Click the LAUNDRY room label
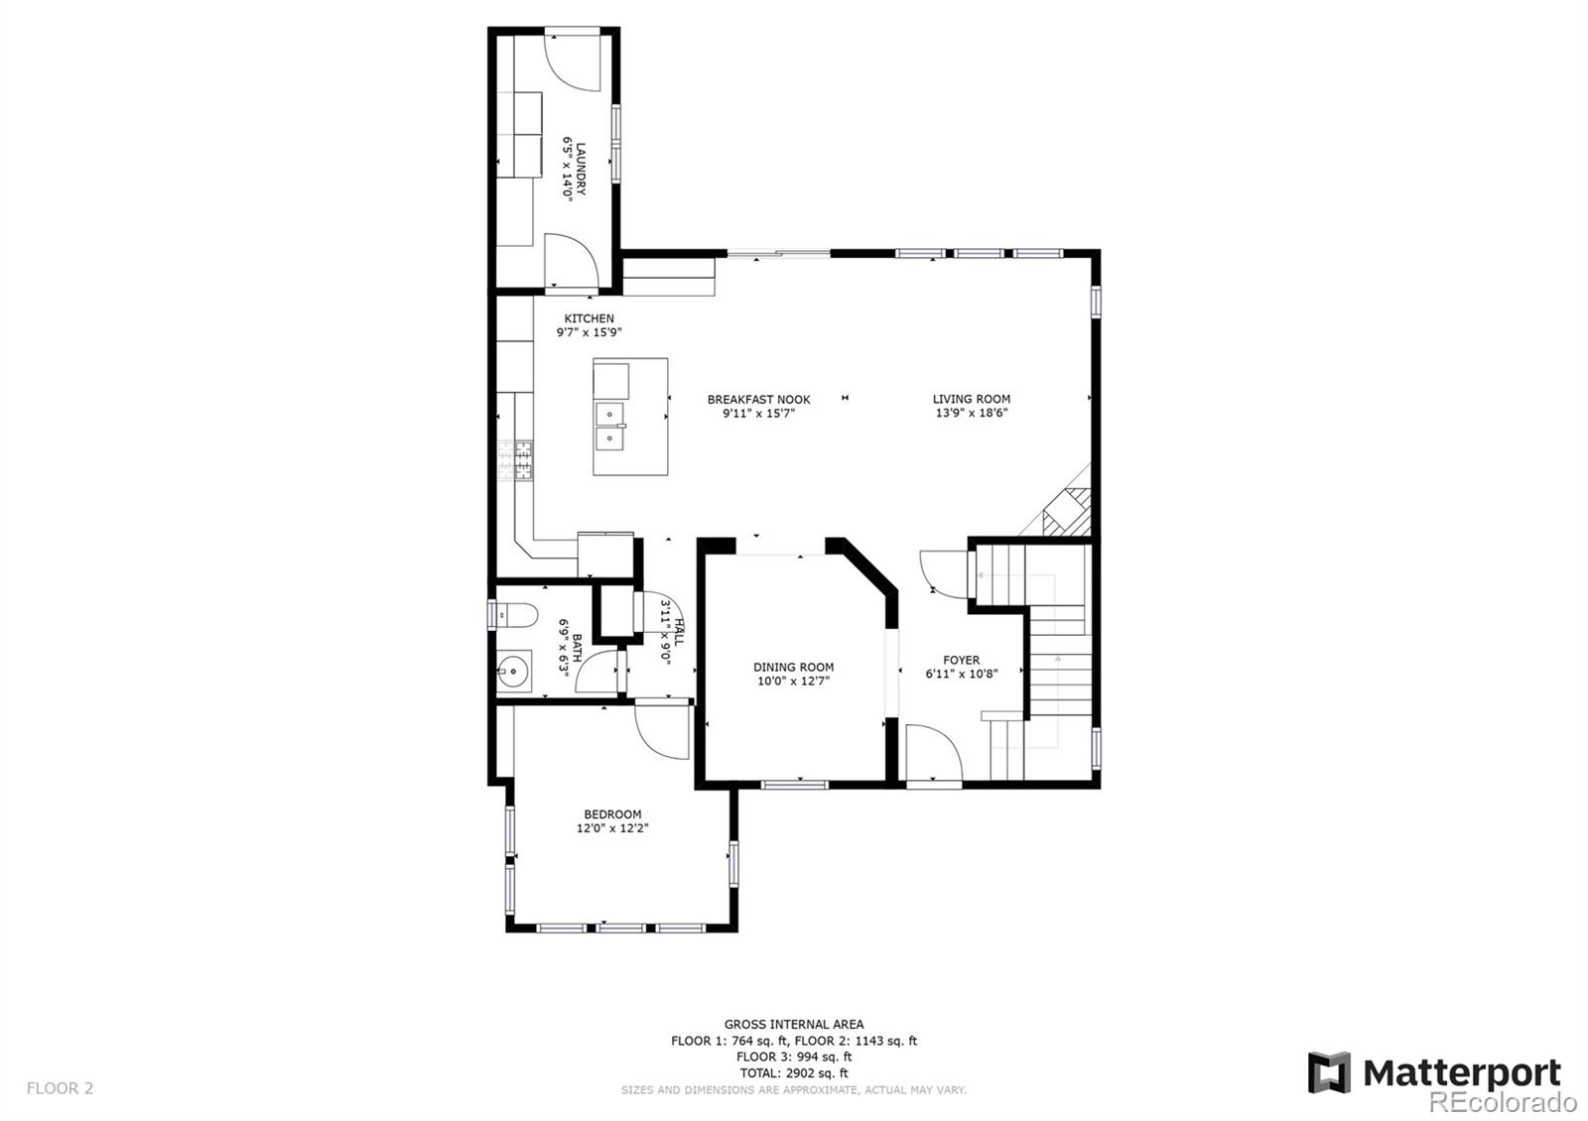[581, 170]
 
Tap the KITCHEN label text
[590, 318]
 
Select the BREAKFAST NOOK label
[758, 400]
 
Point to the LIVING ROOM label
[972, 399]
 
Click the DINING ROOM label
[793, 667]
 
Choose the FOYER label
[962, 660]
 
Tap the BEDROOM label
[612, 814]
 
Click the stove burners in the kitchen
[515, 460]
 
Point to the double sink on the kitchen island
[609, 427]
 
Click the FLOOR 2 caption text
[61, 1087]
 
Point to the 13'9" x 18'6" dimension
[972, 413]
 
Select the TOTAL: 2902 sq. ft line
[794, 1072]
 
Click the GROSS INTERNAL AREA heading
[794, 1024]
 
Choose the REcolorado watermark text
[1503, 1102]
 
